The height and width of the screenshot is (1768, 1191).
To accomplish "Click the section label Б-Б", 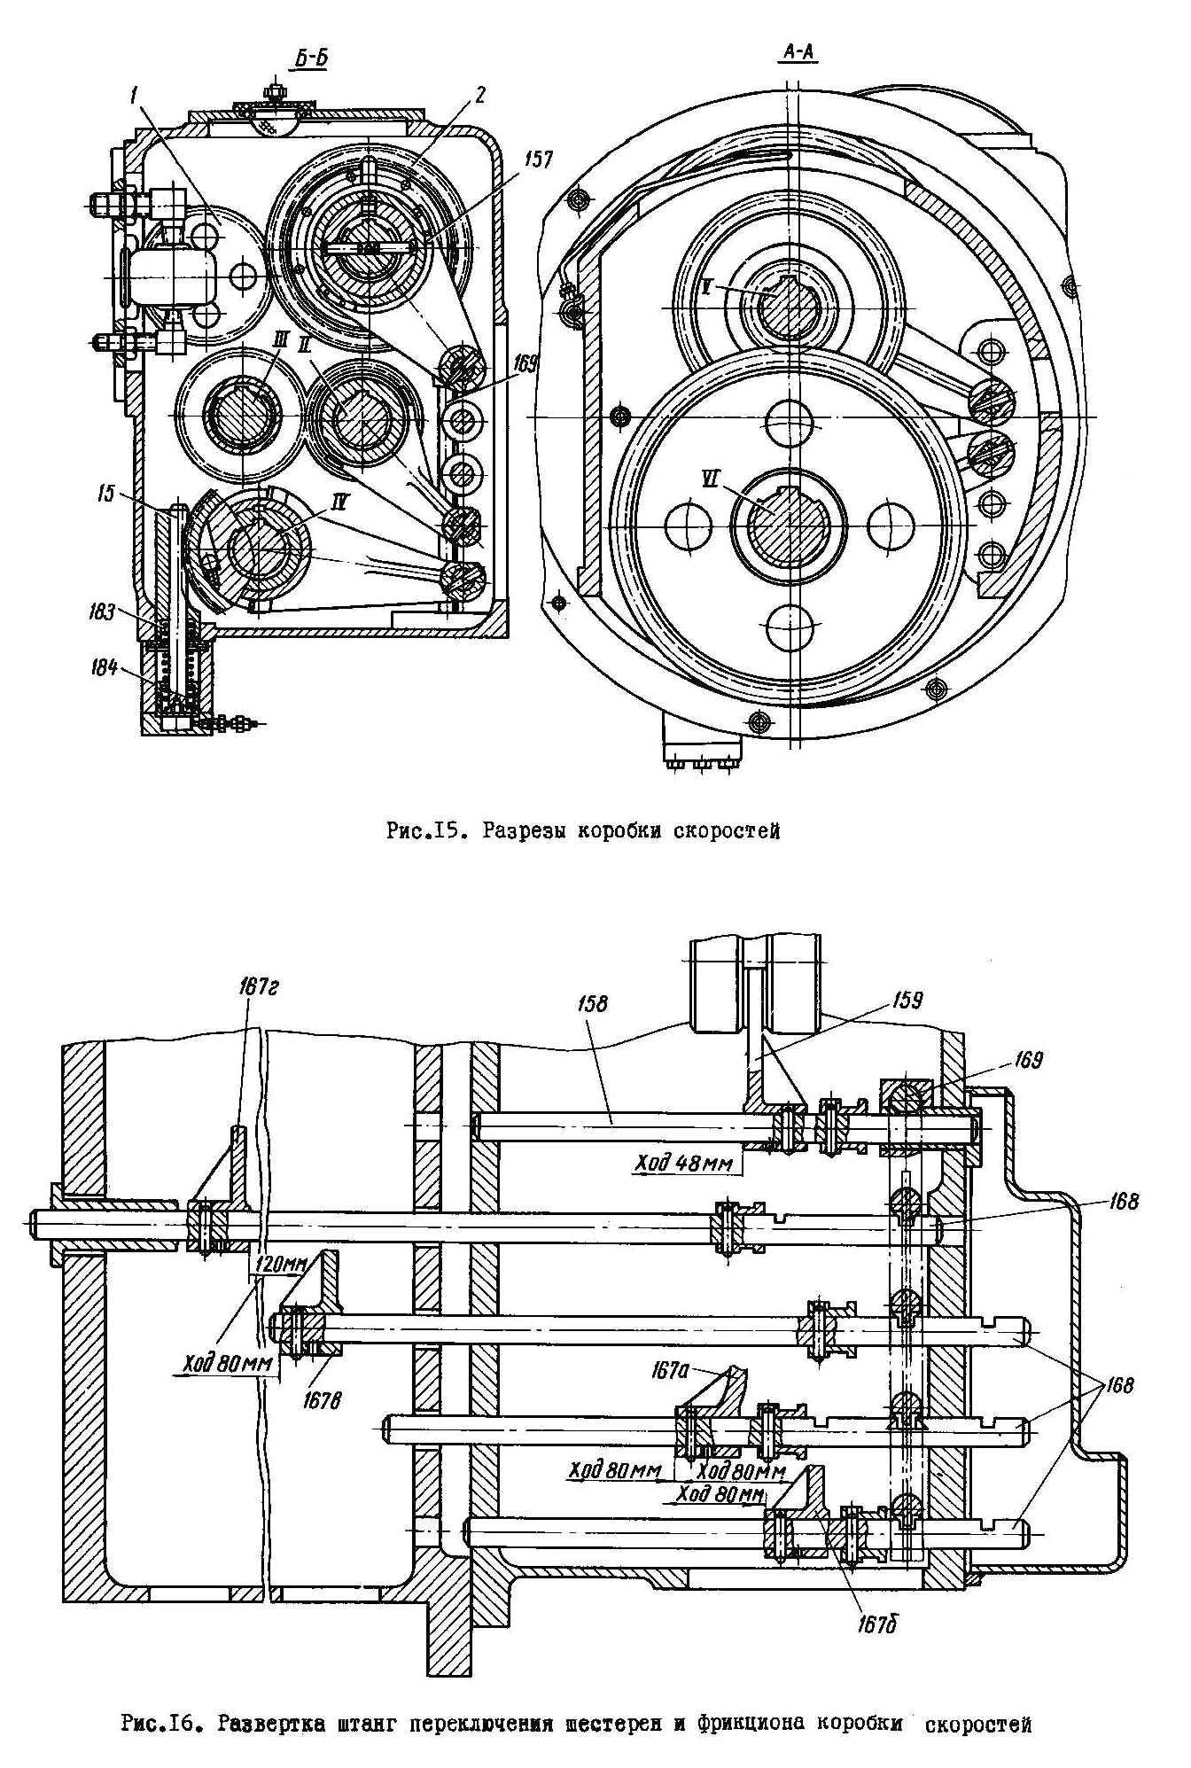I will click(x=312, y=58).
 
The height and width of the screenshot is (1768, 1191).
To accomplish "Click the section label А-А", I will click(x=796, y=53).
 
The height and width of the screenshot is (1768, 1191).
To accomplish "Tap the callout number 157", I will click(x=538, y=160).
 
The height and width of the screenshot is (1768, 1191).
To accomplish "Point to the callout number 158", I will click(x=597, y=1003).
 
